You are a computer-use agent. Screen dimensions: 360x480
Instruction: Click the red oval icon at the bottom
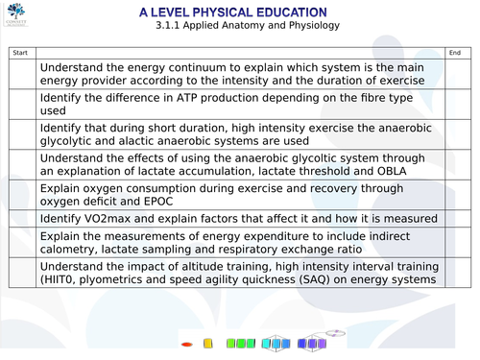[x=186, y=343]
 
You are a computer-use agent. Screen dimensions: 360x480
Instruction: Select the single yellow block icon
[x=207, y=343]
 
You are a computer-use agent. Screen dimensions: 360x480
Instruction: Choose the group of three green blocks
[x=239, y=343]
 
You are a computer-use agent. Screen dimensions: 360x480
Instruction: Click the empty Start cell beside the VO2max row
[x=24, y=220]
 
